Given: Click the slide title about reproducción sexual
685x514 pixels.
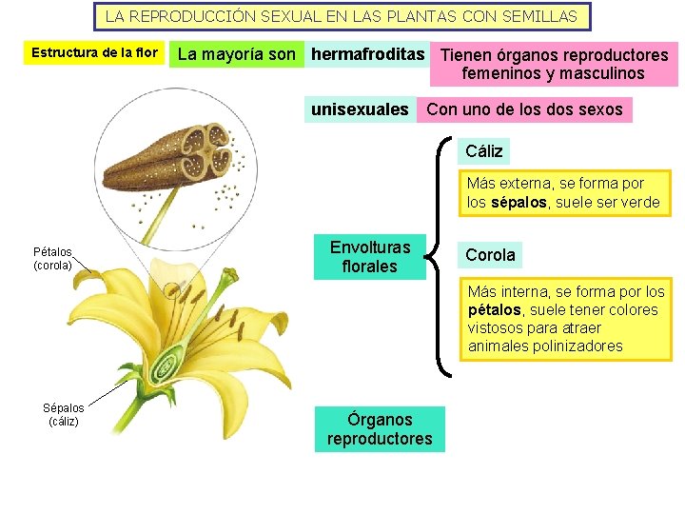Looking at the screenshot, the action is pyautogui.click(x=342, y=16).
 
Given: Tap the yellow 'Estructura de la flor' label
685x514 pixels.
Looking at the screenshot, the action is pyautogui.click(x=94, y=52).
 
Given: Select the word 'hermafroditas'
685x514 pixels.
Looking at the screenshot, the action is pyautogui.click(x=367, y=54).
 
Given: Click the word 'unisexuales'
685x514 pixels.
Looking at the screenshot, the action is pyautogui.click(x=360, y=109).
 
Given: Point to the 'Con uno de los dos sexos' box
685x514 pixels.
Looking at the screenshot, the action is pyautogui.click(x=524, y=109).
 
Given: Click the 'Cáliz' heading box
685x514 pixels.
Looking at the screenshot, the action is pyautogui.click(x=484, y=150).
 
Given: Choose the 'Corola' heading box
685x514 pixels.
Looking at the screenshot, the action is pyautogui.click(x=490, y=254).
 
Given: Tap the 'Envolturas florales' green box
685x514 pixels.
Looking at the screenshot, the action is pyautogui.click(x=370, y=257).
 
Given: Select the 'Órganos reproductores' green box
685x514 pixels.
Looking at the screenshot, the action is pyautogui.click(x=379, y=429).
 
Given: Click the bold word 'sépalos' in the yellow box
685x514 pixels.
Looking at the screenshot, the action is pyautogui.click(x=519, y=202).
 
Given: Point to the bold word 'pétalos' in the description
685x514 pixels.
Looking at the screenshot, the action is pyautogui.click(x=494, y=309).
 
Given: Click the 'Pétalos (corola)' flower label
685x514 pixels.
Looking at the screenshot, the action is pyautogui.click(x=52, y=259).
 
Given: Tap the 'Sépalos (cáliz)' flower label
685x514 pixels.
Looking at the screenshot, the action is pyautogui.click(x=64, y=414).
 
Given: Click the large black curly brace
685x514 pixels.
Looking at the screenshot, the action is pyautogui.click(x=440, y=254).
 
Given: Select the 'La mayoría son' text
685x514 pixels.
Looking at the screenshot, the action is pyautogui.click(x=237, y=54).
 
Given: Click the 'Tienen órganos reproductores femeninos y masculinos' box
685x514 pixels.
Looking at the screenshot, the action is pyautogui.click(x=554, y=64).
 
